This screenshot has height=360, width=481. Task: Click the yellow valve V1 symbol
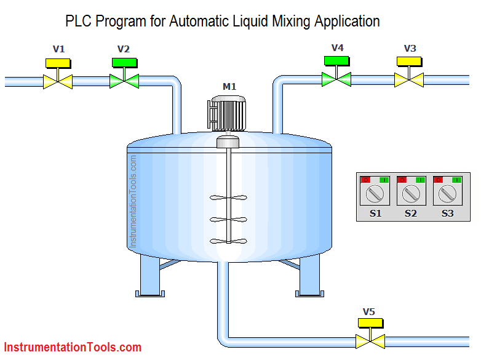58,81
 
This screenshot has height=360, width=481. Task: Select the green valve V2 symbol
124,80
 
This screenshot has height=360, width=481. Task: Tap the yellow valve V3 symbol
408,79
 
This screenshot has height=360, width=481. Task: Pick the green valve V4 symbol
336,79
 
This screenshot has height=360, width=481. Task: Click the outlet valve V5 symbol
370,341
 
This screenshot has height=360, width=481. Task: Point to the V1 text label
58,49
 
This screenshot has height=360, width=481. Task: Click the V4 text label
337,47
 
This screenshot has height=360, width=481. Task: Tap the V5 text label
369,311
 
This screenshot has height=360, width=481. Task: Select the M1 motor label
229,87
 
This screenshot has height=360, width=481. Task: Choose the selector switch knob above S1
375,194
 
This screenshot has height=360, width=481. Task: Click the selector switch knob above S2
411,194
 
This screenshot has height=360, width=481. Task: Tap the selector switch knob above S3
447,194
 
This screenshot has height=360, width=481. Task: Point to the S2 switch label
411,214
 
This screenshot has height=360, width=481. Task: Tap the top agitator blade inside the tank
228,198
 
